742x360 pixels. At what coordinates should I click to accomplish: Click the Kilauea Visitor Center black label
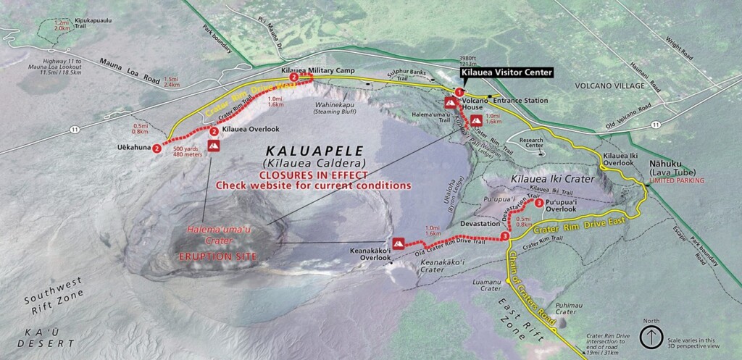[x=507, y=72]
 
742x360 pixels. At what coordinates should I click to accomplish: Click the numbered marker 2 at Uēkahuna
[x=157, y=148]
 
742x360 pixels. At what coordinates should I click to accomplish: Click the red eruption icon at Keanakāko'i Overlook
[x=398, y=243]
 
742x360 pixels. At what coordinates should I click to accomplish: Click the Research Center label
[x=535, y=143]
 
